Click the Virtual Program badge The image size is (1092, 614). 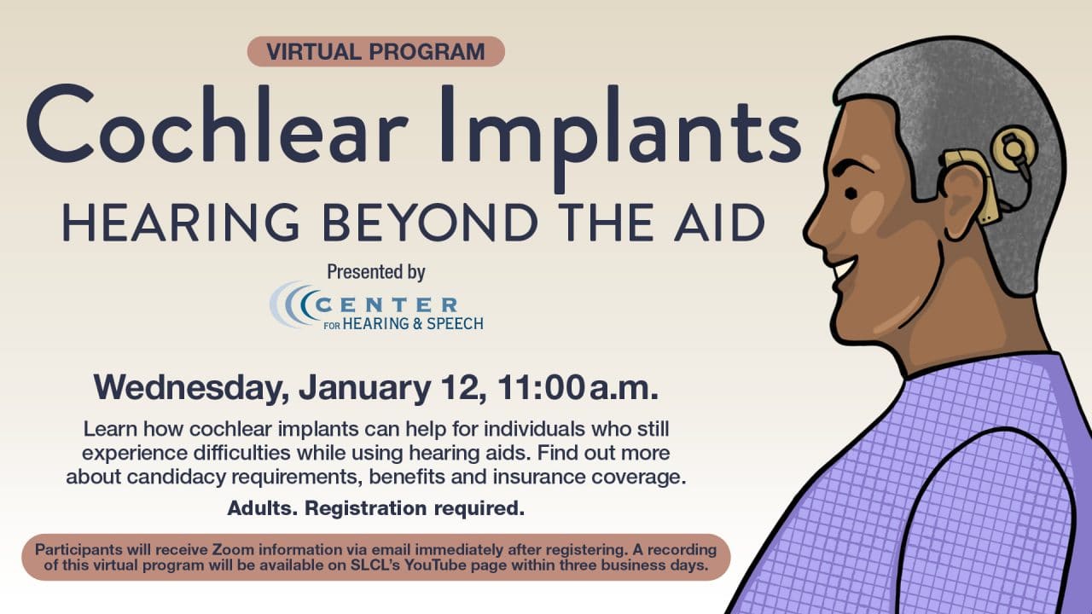tap(376, 51)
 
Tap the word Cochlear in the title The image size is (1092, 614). tap(218, 124)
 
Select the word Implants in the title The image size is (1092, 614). tap(620, 138)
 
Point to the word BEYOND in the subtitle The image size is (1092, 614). tap(430, 223)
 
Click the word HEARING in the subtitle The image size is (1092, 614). tap(180, 223)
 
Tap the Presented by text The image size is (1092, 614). tap(376, 272)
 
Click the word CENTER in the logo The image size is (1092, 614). tap(386, 305)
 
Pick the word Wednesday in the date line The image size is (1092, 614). tap(189, 388)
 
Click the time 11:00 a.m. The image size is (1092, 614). tap(578, 388)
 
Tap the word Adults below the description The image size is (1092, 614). tap(262, 508)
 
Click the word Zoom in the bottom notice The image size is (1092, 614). tap(233, 550)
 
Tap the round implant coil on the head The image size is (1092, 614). tap(1014, 148)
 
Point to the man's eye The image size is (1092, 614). tap(851, 194)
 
